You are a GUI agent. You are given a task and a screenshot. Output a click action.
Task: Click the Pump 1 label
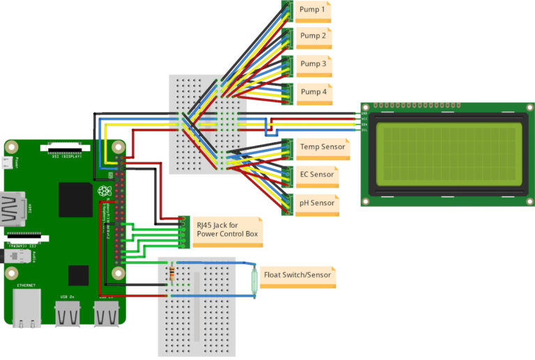[x=312, y=10]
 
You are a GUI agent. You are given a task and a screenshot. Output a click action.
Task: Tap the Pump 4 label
[x=312, y=92]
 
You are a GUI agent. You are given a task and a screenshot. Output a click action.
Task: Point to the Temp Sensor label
[x=321, y=148]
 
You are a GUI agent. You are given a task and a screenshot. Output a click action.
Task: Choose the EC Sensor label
[x=317, y=175]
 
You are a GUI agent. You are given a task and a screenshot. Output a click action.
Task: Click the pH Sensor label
[x=317, y=203]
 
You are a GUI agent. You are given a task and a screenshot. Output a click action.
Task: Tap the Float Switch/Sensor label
[x=297, y=276]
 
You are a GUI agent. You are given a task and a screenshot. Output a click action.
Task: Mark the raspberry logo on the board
[x=104, y=191]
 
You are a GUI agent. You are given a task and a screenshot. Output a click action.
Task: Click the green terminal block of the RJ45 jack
[x=183, y=231]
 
